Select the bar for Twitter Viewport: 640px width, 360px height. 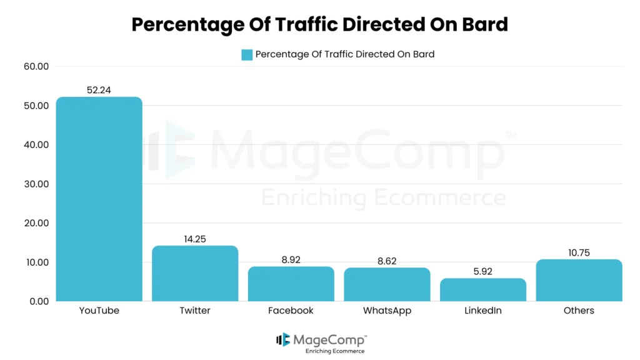(195, 273)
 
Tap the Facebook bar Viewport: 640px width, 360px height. (291, 284)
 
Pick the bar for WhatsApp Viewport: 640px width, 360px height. (387, 284)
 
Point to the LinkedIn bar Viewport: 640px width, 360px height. (483, 289)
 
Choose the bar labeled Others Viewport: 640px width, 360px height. (579, 280)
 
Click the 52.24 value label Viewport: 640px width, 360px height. (99, 90)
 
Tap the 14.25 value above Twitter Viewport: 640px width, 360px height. (195, 239)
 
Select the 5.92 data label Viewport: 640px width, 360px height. (483, 272)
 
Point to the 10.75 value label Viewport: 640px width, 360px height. (579, 252)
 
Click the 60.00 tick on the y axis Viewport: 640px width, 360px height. (35, 66)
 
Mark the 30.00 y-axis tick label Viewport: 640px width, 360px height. (35, 184)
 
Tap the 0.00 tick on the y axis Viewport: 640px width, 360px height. (37, 301)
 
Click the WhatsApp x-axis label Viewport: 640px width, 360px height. (387, 311)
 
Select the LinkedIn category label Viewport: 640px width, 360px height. (483, 311)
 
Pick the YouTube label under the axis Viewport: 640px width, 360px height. (99, 311)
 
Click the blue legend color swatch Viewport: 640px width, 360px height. (247, 54)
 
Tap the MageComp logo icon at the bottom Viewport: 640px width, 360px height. (283, 339)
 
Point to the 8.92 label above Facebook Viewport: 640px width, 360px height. (291, 259)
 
